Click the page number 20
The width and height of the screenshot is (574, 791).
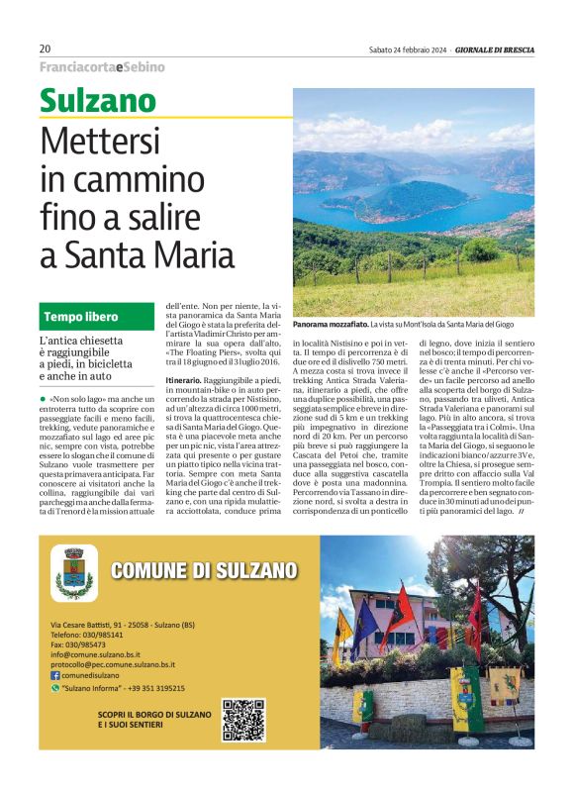pyautogui.click(x=46, y=49)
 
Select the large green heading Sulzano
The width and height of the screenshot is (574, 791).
pyautogui.click(x=98, y=101)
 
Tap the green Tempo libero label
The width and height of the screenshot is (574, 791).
pyautogui.click(x=80, y=317)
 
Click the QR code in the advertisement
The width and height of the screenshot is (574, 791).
pyautogui.click(x=242, y=719)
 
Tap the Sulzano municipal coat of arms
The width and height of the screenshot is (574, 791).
pyautogui.click(x=74, y=573)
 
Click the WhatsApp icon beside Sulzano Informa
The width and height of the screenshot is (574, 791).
pyautogui.click(x=55, y=687)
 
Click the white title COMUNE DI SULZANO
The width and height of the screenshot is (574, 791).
pyautogui.click(x=204, y=569)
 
